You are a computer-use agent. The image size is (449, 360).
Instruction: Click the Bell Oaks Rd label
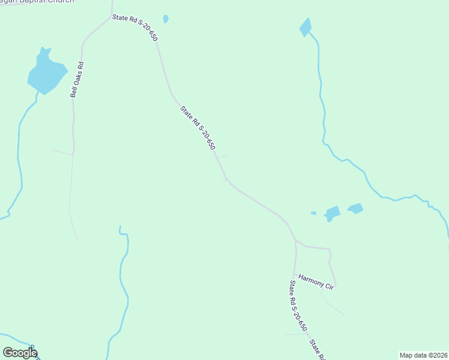76,79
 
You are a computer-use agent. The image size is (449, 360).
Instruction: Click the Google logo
20,352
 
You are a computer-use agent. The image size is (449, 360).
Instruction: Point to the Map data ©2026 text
424,355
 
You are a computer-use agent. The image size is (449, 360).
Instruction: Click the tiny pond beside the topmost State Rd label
166,19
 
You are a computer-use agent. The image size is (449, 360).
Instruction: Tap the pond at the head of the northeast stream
306,27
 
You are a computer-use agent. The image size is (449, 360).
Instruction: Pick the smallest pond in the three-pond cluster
313,213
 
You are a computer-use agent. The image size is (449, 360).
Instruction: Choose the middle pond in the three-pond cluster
332,213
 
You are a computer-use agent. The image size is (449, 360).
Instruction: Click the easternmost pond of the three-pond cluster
355,209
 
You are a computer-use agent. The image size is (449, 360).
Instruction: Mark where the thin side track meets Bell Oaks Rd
73,155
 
